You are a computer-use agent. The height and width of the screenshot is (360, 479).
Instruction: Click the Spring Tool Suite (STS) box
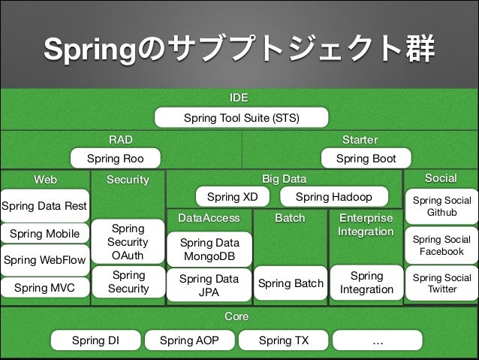tap(241, 118)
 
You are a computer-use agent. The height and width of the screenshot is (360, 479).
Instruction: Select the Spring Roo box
tap(115, 159)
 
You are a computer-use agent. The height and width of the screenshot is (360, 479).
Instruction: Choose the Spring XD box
tap(232, 197)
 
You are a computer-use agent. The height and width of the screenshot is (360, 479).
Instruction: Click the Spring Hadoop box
tap(333, 197)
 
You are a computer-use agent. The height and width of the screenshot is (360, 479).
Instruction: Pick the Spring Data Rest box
tap(44, 205)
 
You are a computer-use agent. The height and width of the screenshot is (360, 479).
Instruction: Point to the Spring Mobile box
tap(44, 234)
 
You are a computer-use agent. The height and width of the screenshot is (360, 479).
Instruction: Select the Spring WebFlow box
tap(44, 260)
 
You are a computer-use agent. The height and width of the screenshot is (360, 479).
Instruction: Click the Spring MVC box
tap(44, 287)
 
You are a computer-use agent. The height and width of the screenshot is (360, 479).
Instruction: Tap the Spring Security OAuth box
tap(128, 242)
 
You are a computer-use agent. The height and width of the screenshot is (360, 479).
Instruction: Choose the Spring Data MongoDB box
tap(209, 250)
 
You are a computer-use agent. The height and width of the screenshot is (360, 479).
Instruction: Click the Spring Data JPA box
tap(209, 285)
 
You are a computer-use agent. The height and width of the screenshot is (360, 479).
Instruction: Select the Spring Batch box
tap(291, 283)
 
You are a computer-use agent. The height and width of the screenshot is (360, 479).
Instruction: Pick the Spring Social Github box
tap(441, 207)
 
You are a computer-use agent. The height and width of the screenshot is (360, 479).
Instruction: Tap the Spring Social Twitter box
tap(441, 283)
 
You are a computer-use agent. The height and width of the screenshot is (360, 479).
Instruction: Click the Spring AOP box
tap(189, 340)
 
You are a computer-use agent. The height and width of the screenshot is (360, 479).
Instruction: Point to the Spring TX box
tap(283, 340)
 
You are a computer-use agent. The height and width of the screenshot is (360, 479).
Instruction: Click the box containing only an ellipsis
tap(377, 340)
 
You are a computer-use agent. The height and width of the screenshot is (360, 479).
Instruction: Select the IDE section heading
tap(239, 98)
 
